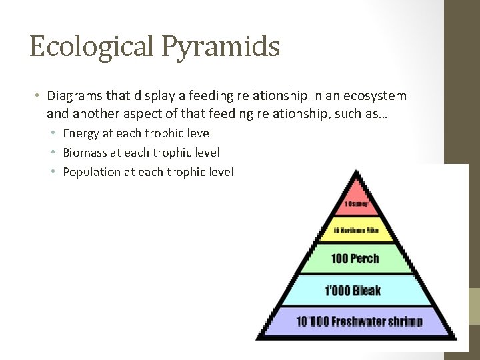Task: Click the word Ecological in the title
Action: click(90, 47)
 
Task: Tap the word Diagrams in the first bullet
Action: click(73, 96)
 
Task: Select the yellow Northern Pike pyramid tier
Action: click(356, 231)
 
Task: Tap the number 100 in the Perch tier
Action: click(340, 259)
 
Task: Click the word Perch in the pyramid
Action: click(365, 259)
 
